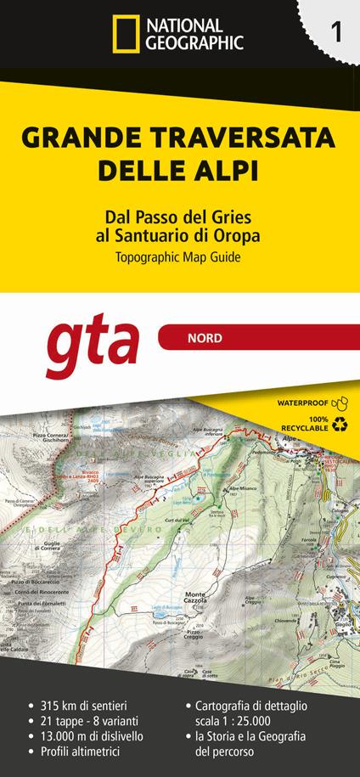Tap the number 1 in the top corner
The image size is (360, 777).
(337, 33)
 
